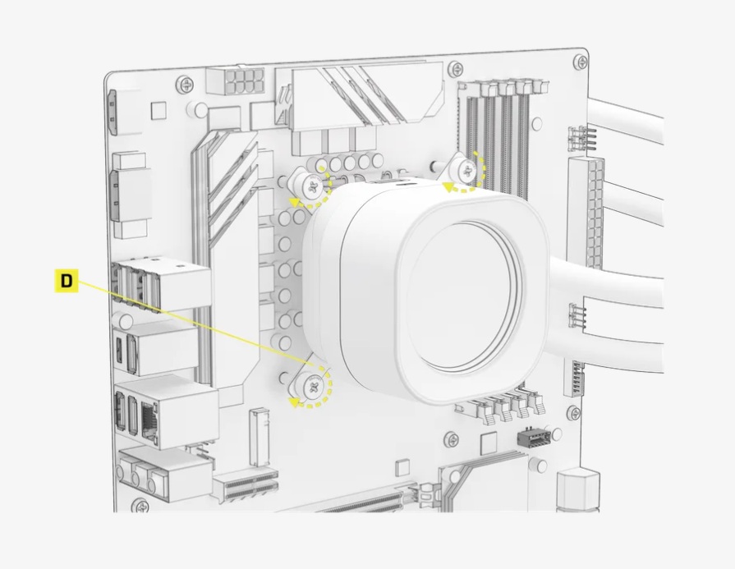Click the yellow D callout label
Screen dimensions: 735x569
66,281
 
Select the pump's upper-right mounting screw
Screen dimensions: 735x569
467,171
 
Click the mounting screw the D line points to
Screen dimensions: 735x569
314,386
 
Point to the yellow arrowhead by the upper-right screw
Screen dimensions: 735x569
449,187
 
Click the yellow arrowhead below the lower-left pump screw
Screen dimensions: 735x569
294,402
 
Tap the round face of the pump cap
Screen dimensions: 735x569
464,296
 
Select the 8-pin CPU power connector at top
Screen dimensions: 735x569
236,81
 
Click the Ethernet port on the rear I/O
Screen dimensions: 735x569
150,422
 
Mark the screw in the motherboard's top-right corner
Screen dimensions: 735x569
581,62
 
